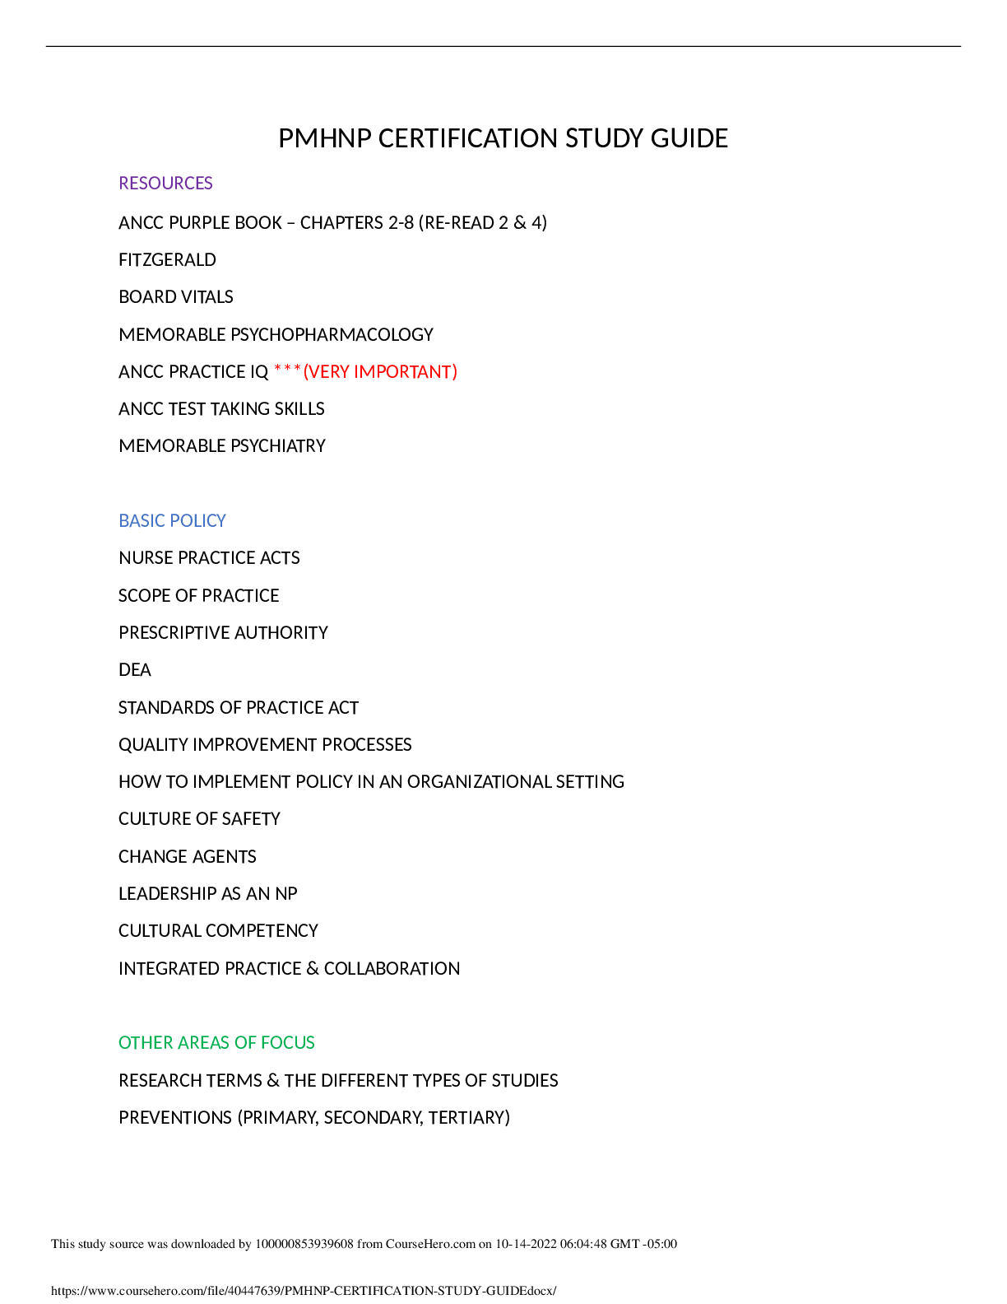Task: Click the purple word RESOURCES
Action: coord(165,183)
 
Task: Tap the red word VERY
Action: coord(328,372)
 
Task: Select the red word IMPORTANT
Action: coord(402,372)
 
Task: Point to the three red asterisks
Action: coord(287,370)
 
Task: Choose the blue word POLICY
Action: coord(198,520)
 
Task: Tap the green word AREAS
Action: coord(203,1043)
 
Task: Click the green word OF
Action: coord(245,1043)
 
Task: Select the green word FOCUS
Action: coord(287,1043)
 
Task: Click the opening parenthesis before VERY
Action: coord(306,372)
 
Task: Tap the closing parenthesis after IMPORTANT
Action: coord(454,372)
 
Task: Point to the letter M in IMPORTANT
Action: coord(364,372)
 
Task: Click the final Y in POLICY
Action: coord(221,520)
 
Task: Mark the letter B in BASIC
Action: coord(123,520)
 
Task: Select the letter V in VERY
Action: coord(313,372)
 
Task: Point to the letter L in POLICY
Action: coord(195,520)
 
